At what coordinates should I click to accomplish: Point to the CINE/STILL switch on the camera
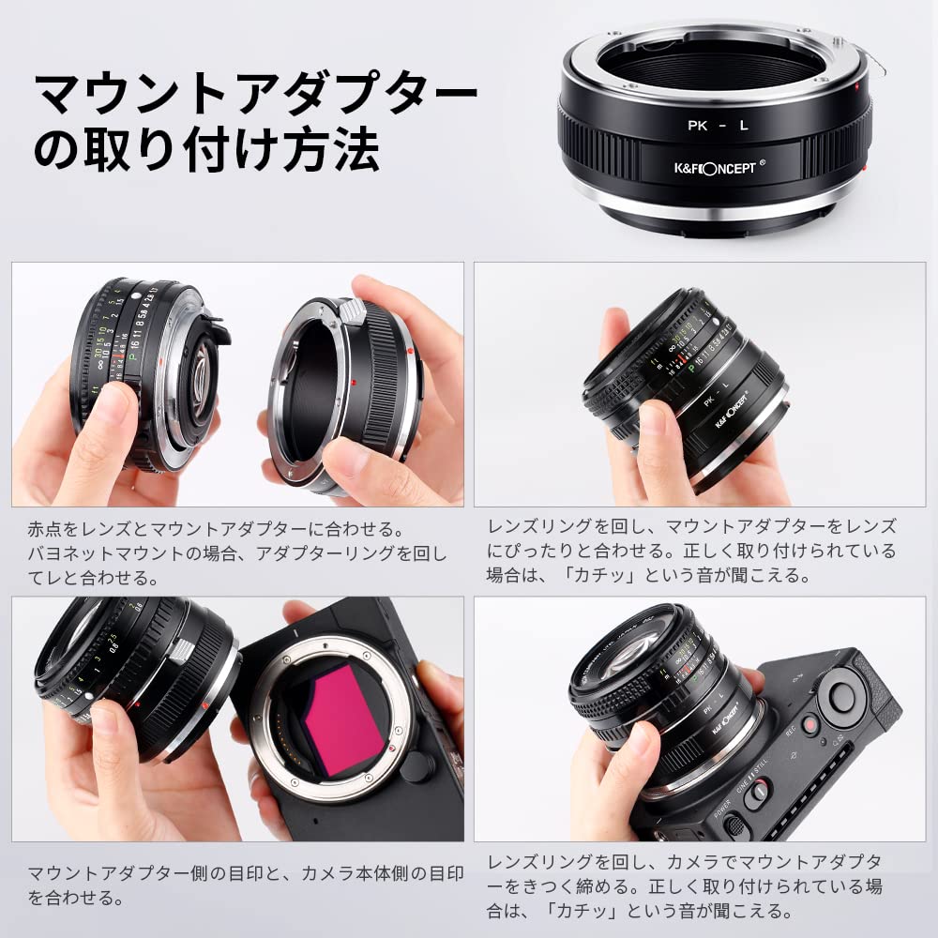(758, 792)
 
